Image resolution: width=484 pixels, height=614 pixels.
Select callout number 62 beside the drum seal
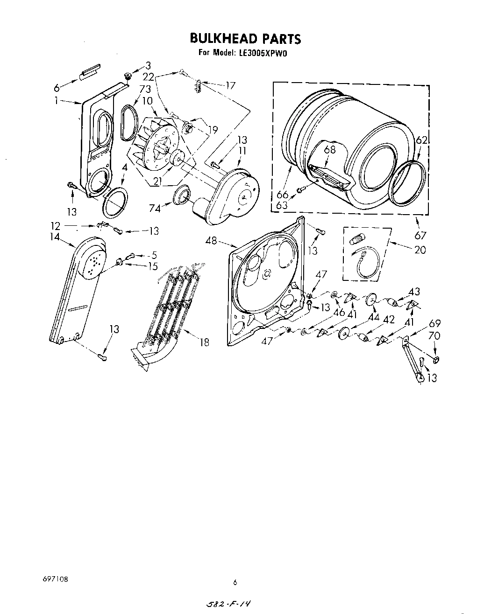421,140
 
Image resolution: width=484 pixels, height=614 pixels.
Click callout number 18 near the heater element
204,342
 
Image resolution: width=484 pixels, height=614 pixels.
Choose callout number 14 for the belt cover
55,237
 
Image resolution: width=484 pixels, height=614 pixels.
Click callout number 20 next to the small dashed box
420,250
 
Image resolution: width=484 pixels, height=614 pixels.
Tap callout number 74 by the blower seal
155,209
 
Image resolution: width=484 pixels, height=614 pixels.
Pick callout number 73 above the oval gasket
132,89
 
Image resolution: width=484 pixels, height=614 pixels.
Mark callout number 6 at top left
57,87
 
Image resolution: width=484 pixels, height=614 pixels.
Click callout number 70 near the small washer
434,335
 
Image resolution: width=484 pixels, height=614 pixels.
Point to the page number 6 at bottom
235,582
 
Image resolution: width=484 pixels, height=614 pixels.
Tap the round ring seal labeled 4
115,202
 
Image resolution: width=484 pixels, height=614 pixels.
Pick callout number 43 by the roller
414,292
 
